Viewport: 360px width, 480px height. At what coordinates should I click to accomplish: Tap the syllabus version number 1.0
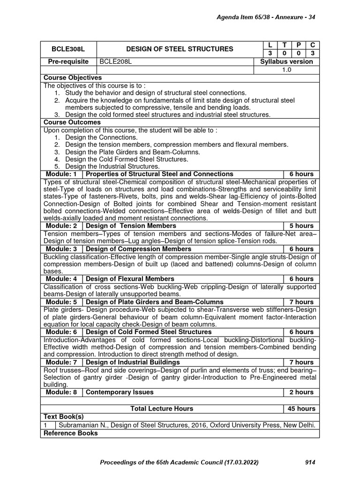tap(286, 69)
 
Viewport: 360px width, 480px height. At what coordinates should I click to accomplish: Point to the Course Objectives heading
tap(73, 77)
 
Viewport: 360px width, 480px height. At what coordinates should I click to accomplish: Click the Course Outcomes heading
tap(72, 122)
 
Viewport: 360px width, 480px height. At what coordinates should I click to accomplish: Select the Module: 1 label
tap(61, 174)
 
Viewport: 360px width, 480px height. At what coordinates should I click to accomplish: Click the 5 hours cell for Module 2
tap(301, 226)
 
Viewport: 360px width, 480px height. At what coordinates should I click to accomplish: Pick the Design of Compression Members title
tap(139, 249)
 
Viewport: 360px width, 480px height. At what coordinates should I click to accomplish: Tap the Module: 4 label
tap(61, 279)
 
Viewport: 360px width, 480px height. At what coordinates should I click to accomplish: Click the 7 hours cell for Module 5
tap(301, 302)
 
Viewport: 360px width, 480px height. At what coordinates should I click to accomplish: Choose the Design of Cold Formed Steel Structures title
tap(149, 332)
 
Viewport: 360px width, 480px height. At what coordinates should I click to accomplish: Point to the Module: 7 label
tap(61, 362)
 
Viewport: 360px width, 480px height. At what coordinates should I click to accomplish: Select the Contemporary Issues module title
tap(120, 392)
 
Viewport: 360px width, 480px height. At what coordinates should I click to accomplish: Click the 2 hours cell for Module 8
tap(301, 392)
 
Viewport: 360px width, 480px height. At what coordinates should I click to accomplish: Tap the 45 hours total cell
tap(301, 409)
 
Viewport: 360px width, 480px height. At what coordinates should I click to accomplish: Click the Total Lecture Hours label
tap(162, 409)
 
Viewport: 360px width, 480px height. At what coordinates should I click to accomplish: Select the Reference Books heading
tap(71, 433)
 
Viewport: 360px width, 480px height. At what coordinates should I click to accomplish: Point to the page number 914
tap(310, 463)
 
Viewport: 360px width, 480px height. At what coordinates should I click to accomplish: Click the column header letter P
tap(298, 45)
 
